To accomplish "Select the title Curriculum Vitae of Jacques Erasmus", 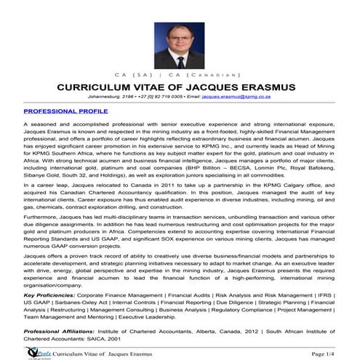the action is (180, 87).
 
